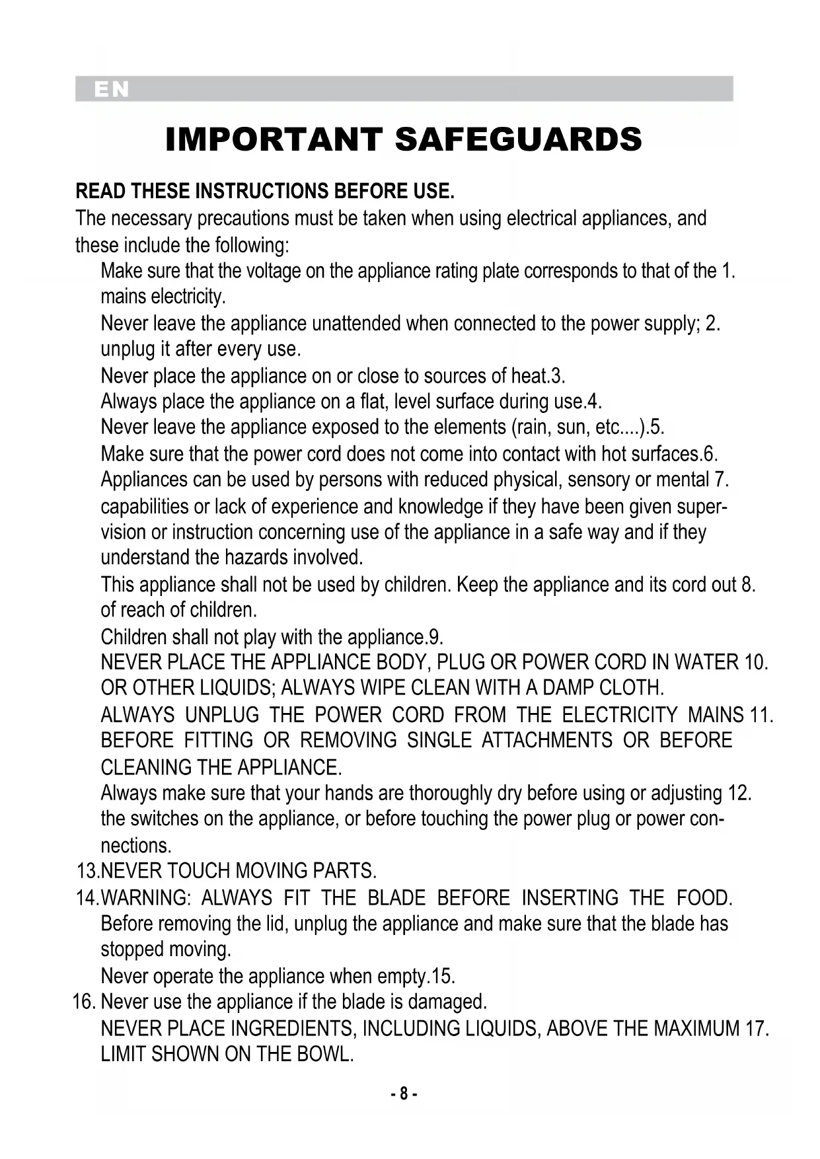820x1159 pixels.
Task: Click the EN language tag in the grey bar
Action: coord(112,90)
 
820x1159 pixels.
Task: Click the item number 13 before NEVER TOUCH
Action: coord(87,871)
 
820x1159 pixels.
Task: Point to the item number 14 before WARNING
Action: coord(87,898)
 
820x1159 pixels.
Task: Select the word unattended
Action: coord(355,324)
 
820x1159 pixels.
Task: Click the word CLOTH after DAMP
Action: coord(630,688)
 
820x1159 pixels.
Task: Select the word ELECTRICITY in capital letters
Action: coord(619,715)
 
